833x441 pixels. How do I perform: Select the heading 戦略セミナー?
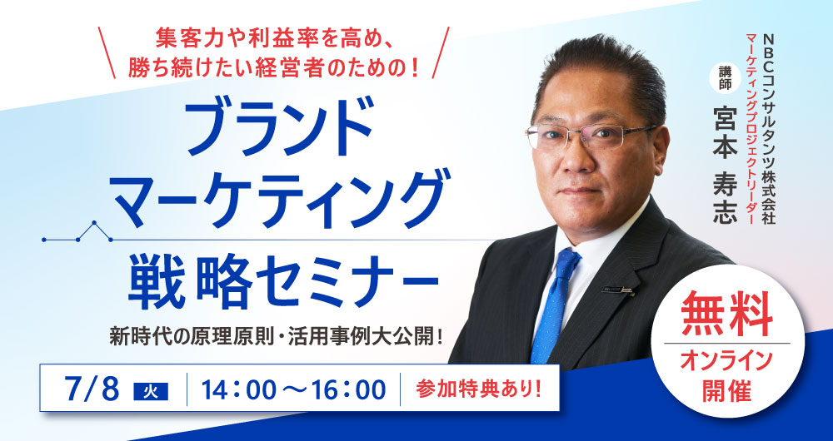pos(282,281)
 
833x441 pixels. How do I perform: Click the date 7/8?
pos(92,390)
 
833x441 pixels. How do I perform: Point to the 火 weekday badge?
pos(150,392)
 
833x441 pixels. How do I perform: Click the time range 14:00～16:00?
pos(293,390)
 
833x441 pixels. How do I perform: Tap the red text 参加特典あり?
pos(479,390)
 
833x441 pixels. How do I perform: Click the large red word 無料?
pos(726,315)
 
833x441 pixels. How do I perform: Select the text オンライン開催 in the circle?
pos(726,375)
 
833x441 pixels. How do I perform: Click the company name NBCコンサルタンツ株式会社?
pos(769,127)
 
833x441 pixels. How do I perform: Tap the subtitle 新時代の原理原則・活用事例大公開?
pos(277,338)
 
